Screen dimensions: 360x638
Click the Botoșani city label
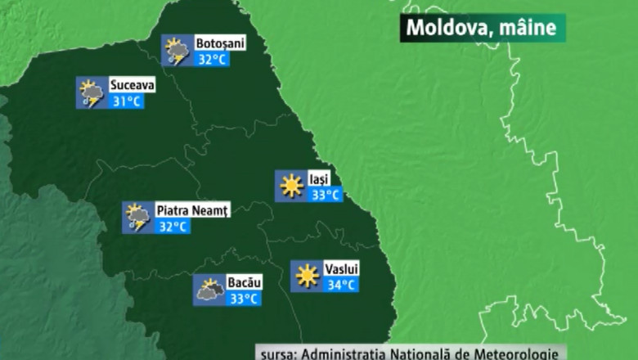click(x=220, y=43)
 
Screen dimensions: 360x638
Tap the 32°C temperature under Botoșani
click(x=212, y=59)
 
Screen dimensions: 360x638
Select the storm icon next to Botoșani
click(x=176, y=51)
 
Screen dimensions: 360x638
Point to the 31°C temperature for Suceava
click(x=127, y=101)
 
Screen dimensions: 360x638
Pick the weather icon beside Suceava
click(x=91, y=93)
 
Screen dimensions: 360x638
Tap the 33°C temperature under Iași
click(x=326, y=195)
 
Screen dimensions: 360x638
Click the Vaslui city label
click(x=341, y=268)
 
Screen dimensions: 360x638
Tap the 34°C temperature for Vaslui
click(x=341, y=285)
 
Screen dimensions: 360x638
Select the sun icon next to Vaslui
click(x=307, y=277)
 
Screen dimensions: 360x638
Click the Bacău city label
click(x=244, y=282)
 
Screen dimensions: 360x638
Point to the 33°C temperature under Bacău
click(x=244, y=299)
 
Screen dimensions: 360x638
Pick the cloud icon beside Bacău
click(x=209, y=290)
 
